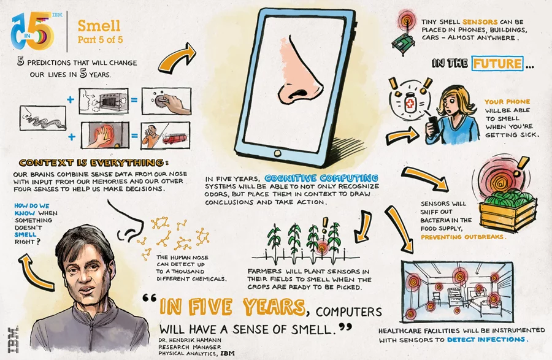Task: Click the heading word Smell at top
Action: coord(99,25)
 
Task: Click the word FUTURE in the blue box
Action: coord(497,63)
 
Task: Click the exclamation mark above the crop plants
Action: coord(320,224)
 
